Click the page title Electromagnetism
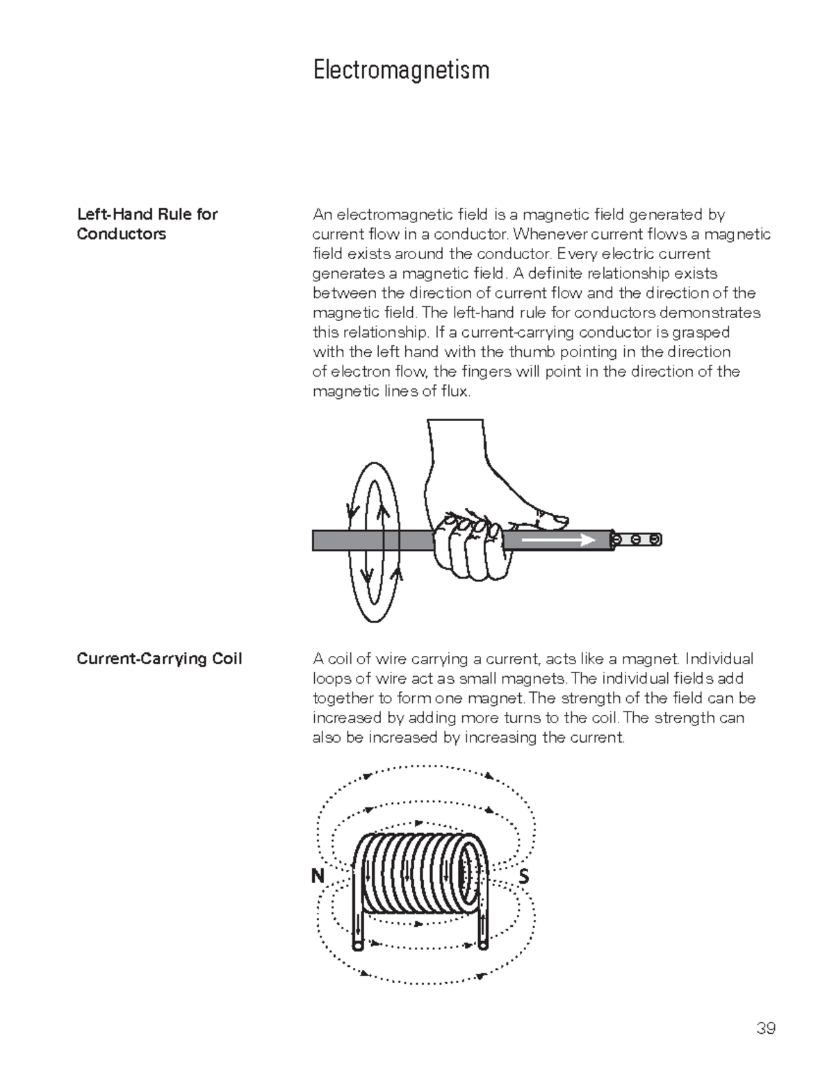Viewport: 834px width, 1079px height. [x=401, y=70]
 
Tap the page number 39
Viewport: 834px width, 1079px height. [x=765, y=1028]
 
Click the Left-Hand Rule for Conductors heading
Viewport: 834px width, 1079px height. [x=147, y=224]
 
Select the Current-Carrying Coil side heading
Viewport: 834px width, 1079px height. [x=159, y=659]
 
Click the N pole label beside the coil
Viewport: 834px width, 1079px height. [x=318, y=877]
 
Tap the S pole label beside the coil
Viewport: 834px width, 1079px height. [x=524, y=878]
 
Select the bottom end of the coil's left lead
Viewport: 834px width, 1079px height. [x=357, y=946]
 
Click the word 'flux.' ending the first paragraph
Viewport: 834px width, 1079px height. [x=456, y=392]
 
